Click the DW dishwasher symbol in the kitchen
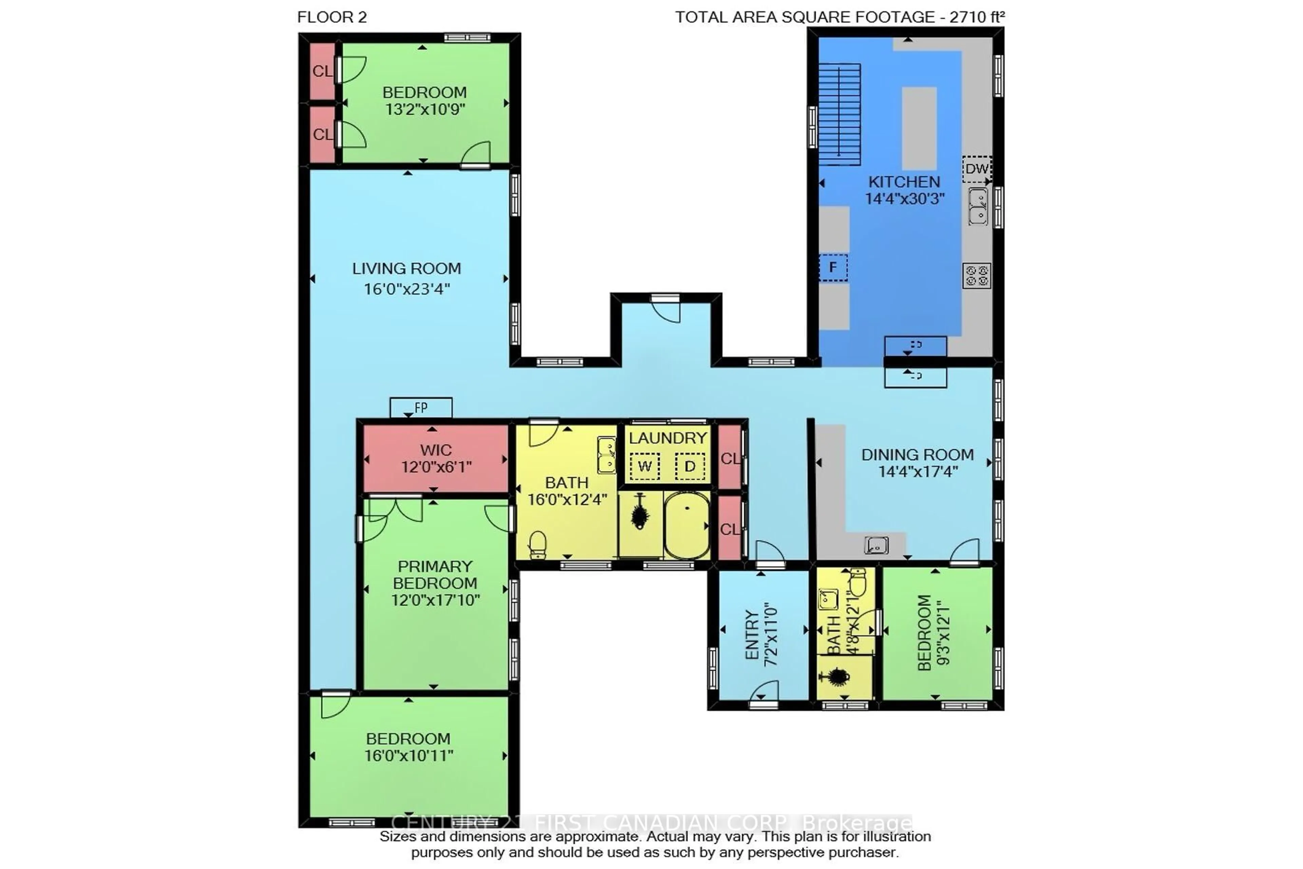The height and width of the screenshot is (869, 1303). point(976,169)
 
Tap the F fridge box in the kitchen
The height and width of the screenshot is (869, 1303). point(833,268)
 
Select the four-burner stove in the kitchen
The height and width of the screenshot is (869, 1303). point(976,275)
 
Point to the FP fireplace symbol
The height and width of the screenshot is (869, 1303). point(421,408)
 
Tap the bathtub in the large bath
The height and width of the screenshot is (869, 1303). point(687,525)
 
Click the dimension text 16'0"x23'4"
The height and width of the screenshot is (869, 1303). point(407,289)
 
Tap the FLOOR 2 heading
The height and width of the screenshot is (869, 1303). point(332,17)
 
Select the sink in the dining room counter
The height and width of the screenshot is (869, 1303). point(876,546)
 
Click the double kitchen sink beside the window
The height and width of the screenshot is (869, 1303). point(978,206)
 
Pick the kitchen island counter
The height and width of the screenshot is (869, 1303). point(919,128)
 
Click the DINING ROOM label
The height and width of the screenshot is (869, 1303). point(918,455)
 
